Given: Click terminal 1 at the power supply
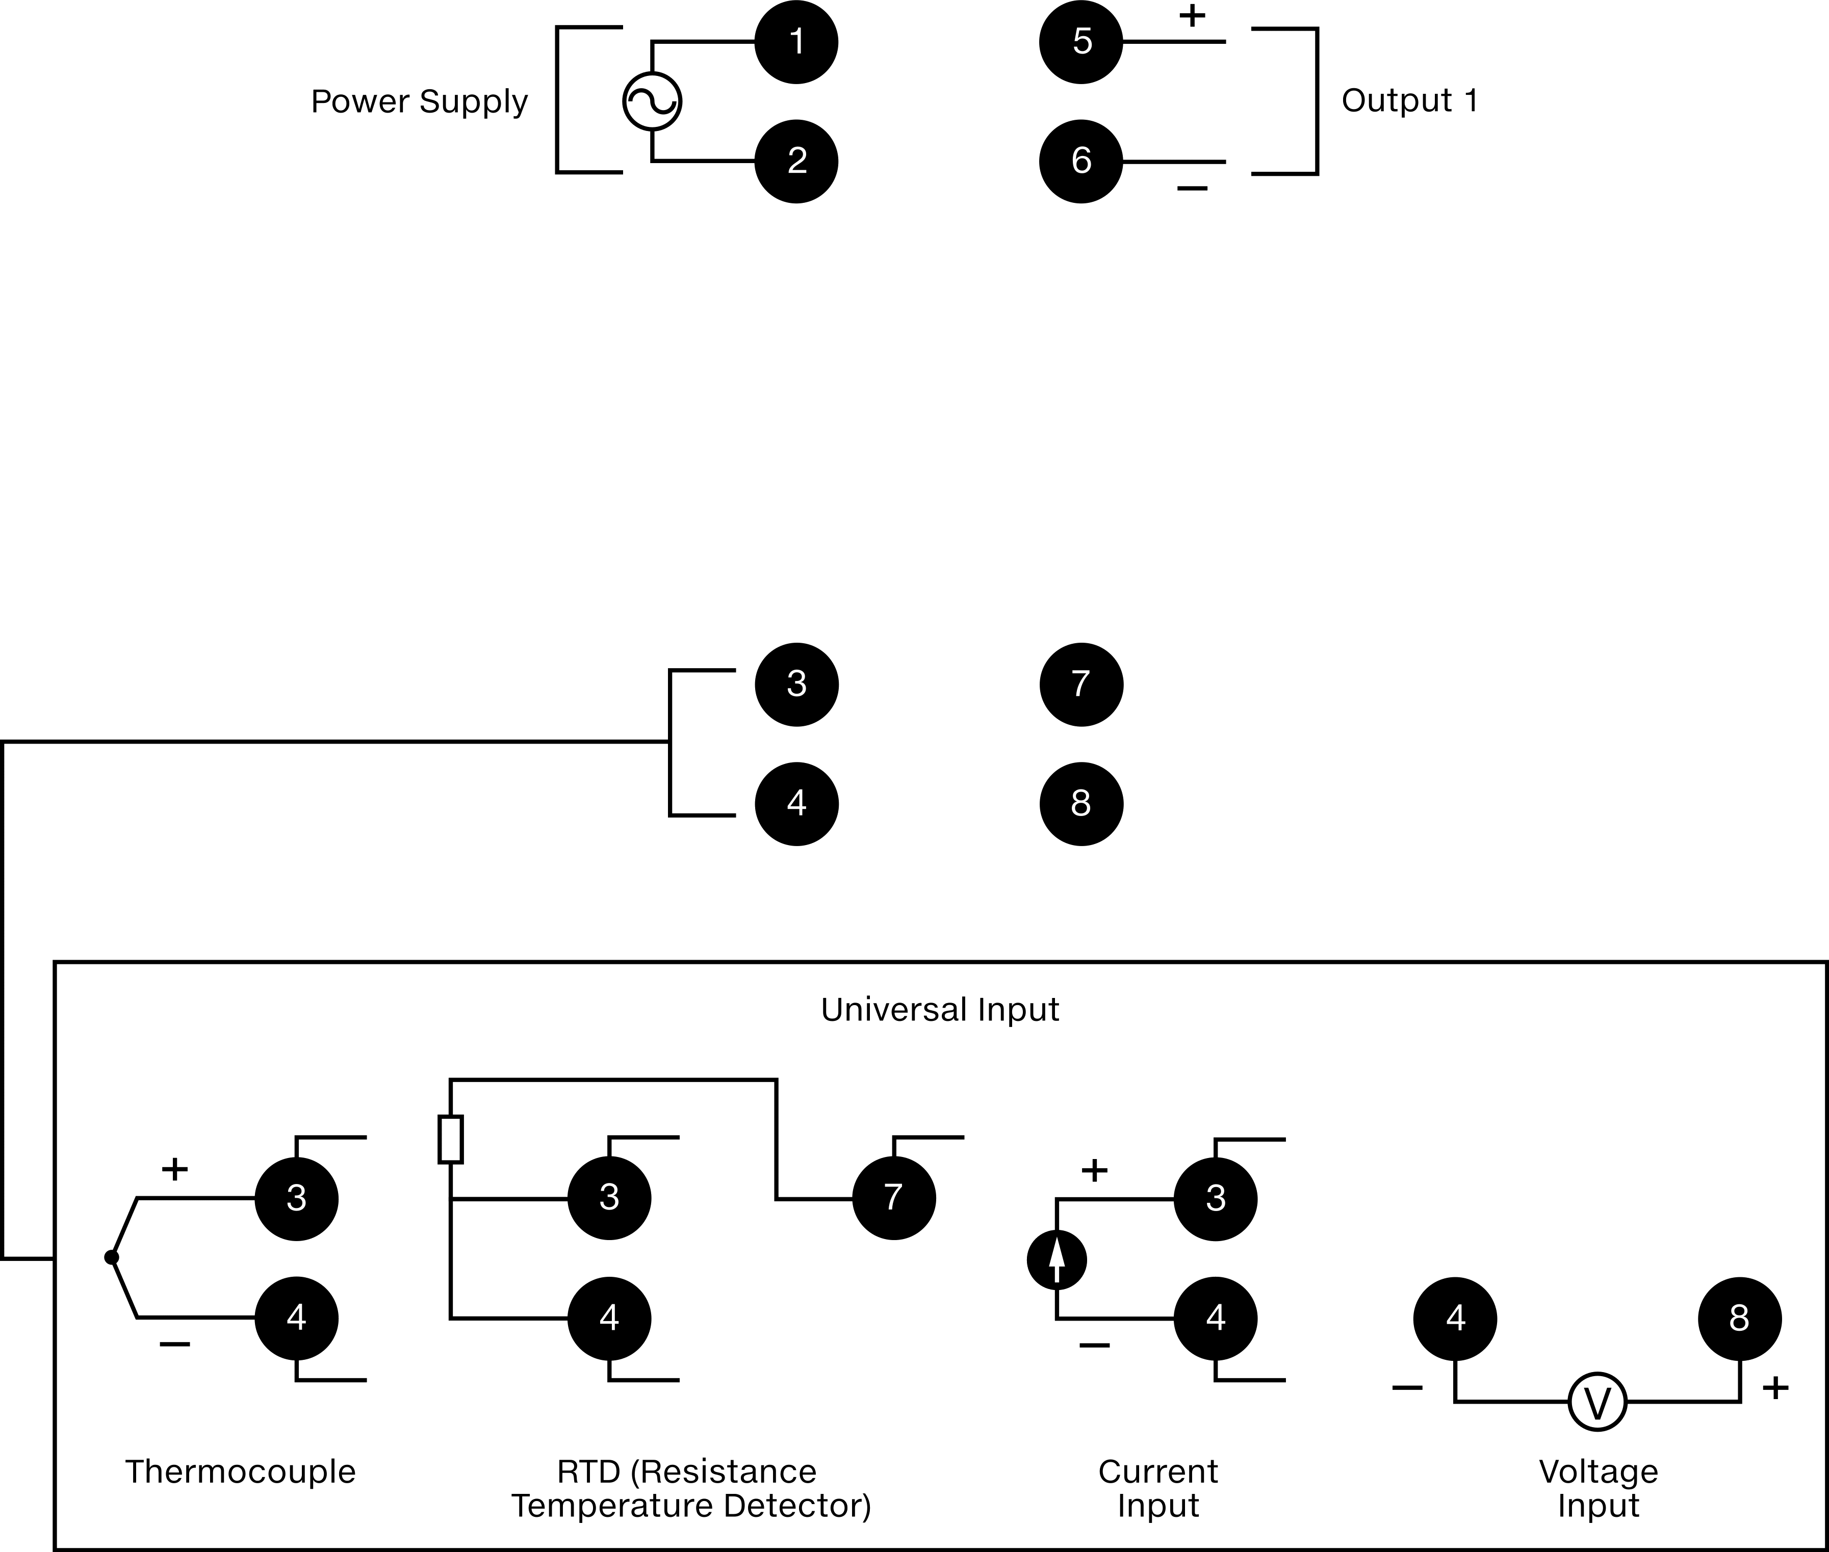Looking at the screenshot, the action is point(796,42).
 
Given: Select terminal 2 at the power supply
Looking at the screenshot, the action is point(796,161).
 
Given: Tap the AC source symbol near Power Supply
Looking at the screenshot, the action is point(652,101).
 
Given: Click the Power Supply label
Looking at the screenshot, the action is point(419,102).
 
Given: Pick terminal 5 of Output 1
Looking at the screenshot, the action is point(1081,42).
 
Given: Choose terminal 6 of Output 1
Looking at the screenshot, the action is point(1081,161).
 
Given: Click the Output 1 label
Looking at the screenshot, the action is point(1409,100).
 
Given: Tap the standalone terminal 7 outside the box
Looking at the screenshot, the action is point(1081,685).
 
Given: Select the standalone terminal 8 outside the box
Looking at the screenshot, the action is point(1081,803).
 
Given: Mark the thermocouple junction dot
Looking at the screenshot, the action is point(111,1257).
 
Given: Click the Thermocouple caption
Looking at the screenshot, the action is point(240,1472).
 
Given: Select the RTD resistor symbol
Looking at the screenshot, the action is point(451,1139).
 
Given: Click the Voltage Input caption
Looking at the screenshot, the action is point(1599,1489).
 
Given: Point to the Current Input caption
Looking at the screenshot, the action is point(1158,1489).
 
